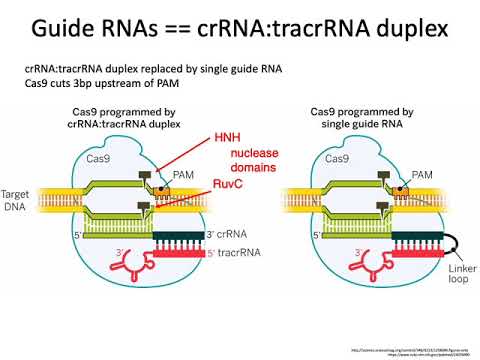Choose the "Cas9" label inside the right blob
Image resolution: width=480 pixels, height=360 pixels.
[338, 158]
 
